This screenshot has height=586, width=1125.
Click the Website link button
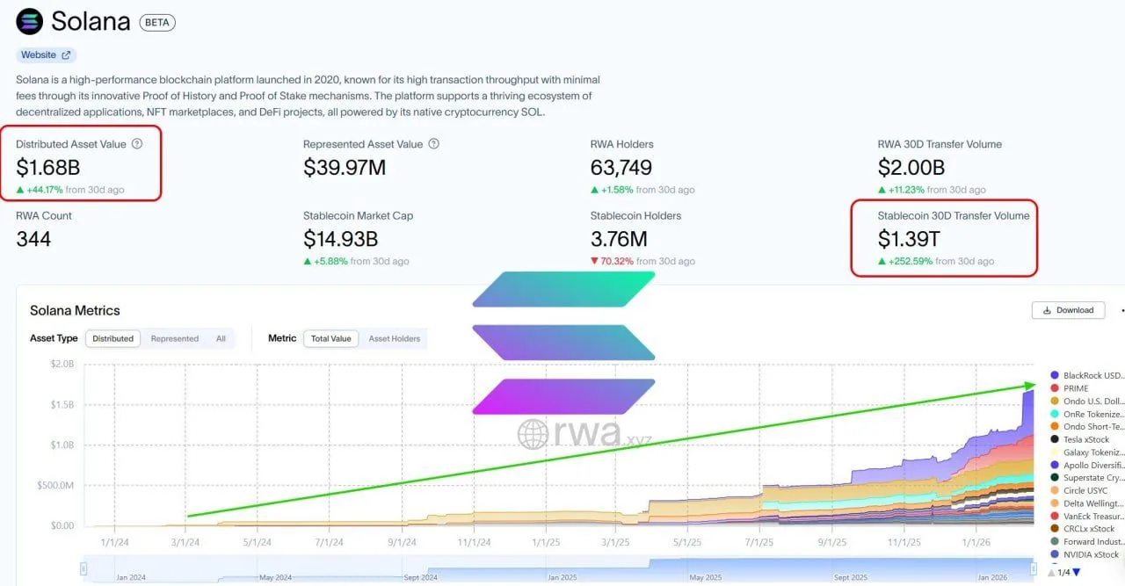pyautogui.click(x=47, y=54)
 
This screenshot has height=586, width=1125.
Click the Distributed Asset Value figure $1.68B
pyautogui.click(x=47, y=166)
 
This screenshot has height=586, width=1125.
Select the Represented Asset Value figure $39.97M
pyautogui.click(x=345, y=166)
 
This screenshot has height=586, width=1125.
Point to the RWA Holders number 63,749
pyautogui.click(x=621, y=166)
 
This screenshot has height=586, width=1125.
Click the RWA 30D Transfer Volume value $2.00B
pyautogui.click(x=911, y=166)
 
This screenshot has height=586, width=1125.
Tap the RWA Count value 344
pyautogui.click(x=33, y=238)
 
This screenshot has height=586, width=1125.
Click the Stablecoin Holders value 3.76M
pyautogui.click(x=620, y=238)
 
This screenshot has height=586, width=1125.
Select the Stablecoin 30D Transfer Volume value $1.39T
pyautogui.click(x=909, y=238)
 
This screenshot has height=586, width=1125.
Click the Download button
pyautogui.click(x=1068, y=310)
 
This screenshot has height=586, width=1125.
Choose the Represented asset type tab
pyautogui.click(x=174, y=338)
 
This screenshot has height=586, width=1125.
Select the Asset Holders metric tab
pyautogui.click(x=394, y=338)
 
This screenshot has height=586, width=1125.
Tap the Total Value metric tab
pyautogui.click(x=330, y=338)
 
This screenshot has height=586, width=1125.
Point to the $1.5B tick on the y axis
pyautogui.click(x=62, y=404)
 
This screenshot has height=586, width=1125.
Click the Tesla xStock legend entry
pyautogui.click(x=1085, y=439)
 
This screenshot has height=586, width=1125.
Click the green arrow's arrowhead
pyautogui.click(x=1031, y=385)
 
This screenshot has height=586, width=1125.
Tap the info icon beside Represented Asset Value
pyautogui.click(x=433, y=144)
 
